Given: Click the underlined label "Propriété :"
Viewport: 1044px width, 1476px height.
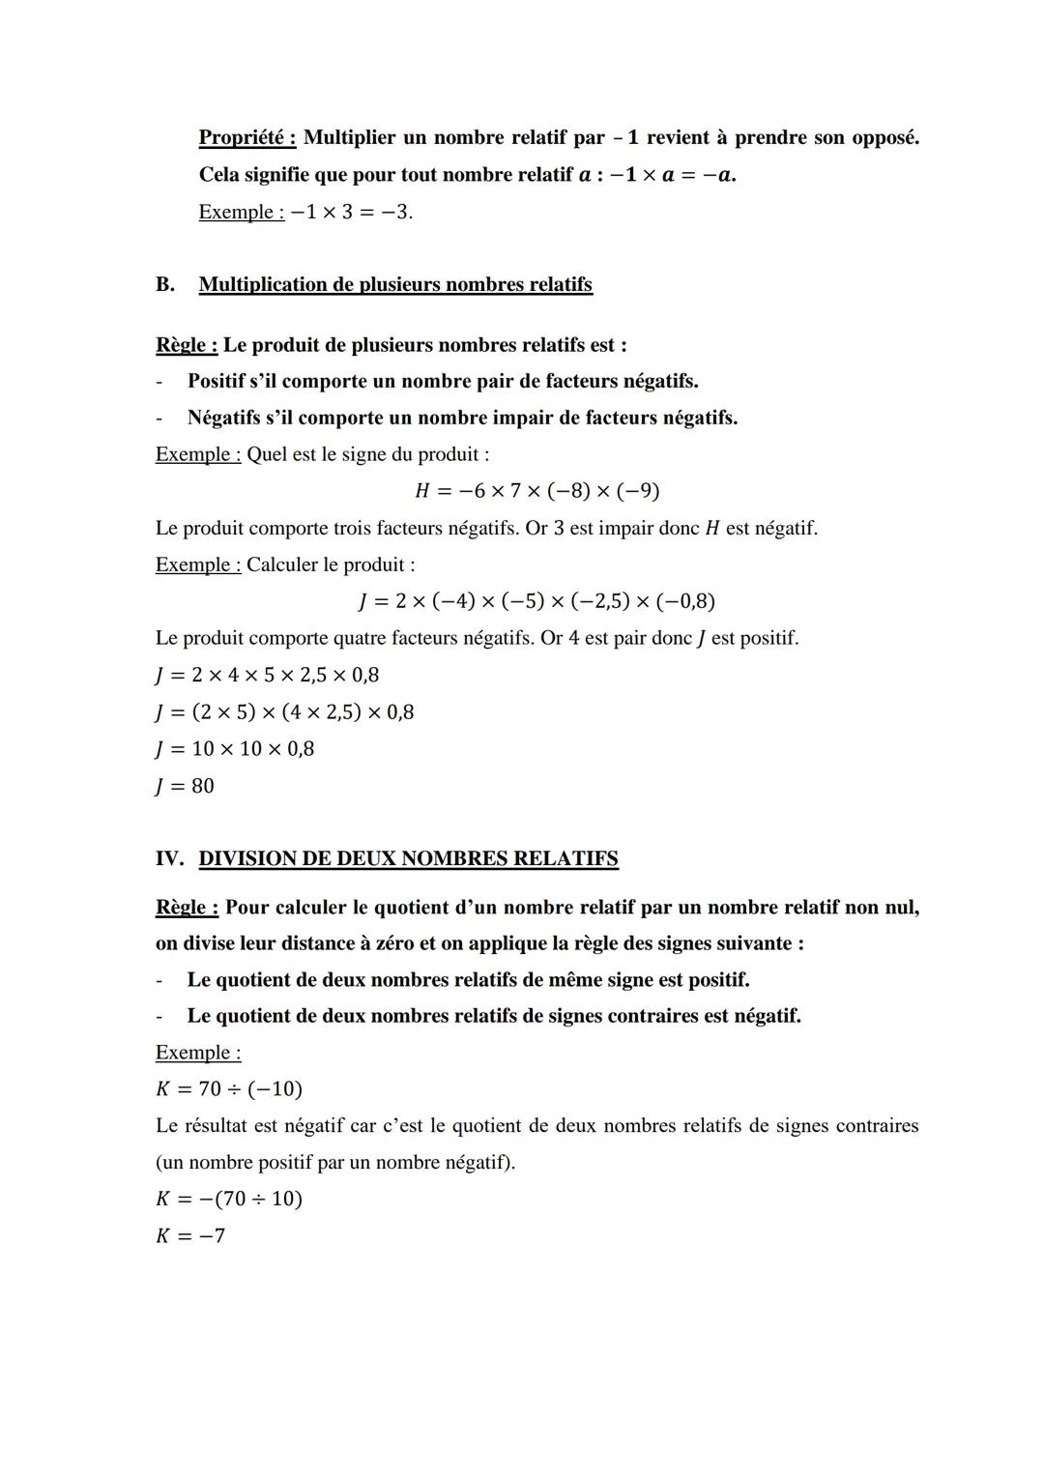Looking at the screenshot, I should (x=246, y=137).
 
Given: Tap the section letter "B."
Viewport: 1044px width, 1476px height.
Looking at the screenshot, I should (x=165, y=284).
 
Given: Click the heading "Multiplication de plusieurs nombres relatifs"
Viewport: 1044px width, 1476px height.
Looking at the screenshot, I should (x=395, y=284).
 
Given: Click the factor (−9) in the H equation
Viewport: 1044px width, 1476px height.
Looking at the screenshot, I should (x=638, y=491).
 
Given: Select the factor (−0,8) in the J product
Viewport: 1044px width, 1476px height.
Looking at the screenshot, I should (x=685, y=601).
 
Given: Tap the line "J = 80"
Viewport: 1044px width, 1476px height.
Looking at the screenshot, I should (x=185, y=786).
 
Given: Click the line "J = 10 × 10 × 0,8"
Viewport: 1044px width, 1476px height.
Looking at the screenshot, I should (x=234, y=749).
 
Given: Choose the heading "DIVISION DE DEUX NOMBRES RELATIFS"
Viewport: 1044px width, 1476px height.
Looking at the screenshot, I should (x=408, y=858).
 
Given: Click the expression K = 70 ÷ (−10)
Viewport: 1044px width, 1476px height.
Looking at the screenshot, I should (x=228, y=1089).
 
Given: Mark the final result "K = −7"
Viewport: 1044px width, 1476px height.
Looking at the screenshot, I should (x=190, y=1235).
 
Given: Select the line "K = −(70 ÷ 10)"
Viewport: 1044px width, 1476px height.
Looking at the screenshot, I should (x=228, y=1199).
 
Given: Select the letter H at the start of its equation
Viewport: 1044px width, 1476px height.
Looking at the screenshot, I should (x=421, y=491).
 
